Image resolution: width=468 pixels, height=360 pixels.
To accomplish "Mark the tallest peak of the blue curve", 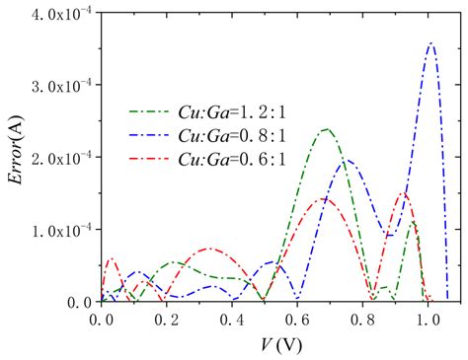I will coord(430,43).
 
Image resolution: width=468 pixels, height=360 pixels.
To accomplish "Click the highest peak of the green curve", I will coord(325,129).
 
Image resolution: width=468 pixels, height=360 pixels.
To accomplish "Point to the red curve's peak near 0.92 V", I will coord(403,193).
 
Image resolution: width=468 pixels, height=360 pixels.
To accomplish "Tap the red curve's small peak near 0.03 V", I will coord(111,259).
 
